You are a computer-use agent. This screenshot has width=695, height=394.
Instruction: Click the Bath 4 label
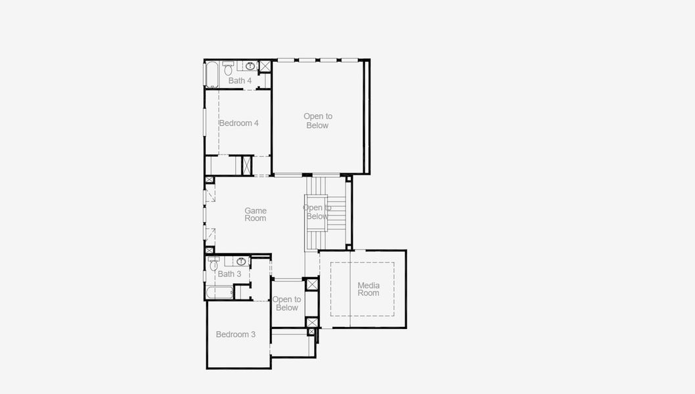coord(240,81)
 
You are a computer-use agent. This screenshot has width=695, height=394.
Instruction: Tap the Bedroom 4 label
coord(238,123)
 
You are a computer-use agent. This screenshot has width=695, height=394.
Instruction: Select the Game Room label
coord(256,215)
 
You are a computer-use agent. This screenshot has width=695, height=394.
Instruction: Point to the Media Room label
coord(369,289)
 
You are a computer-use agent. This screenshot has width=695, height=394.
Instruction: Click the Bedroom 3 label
coord(236,334)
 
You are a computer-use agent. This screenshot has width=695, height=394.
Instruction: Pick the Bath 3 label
coord(229,274)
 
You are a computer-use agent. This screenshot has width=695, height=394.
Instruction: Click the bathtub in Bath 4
coord(212,75)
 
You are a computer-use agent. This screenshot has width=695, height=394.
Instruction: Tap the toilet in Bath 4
coord(228,68)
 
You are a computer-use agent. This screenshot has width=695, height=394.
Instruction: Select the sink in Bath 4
coord(250,66)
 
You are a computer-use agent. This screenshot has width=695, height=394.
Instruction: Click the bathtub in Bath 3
coord(219,292)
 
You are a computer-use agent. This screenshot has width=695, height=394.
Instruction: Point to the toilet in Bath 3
coord(213,265)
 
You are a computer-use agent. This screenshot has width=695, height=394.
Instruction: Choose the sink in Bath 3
coord(241,261)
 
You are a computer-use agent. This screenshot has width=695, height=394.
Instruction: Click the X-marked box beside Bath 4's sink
coord(265,66)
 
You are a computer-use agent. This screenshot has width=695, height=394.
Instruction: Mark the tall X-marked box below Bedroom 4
coord(248,165)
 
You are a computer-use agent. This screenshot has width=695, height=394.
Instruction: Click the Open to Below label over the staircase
coord(317,212)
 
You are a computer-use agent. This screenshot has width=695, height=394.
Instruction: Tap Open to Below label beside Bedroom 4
coord(318,121)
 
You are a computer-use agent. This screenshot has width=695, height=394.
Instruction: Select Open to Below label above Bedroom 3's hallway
coord(287,303)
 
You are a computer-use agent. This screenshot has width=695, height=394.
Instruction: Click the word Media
coord(369,285)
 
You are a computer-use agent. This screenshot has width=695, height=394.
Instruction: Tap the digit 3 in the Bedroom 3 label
coord(253,334)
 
